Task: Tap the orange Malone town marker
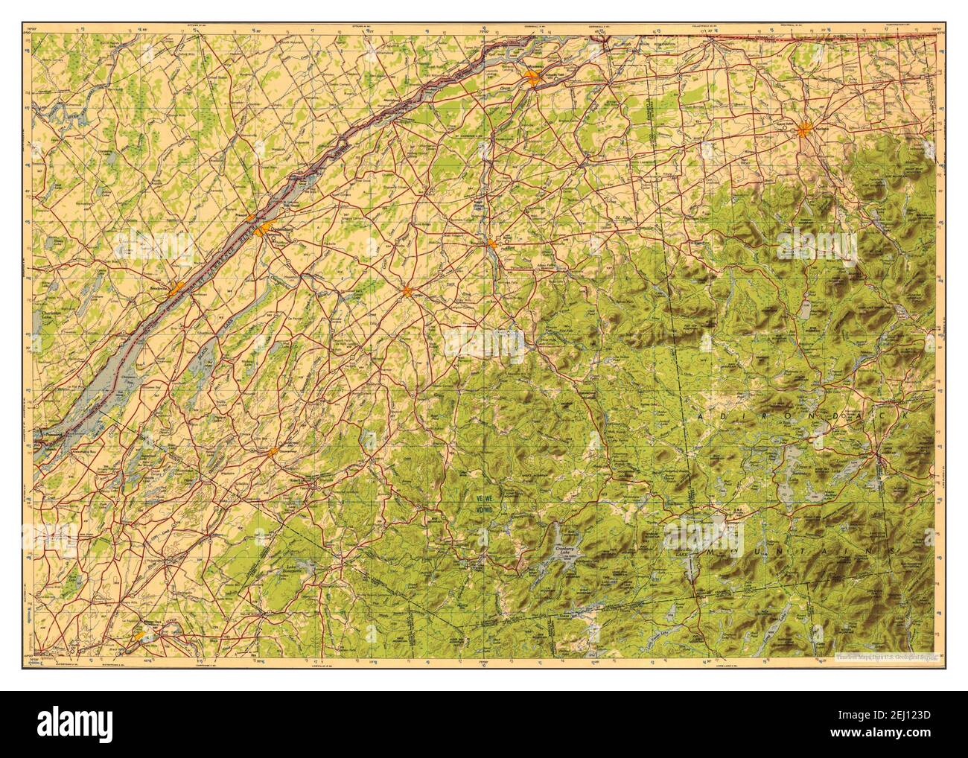(804, 131)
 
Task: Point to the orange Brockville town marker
(176, 289)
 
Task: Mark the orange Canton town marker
(407, 291)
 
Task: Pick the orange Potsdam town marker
(491, 243)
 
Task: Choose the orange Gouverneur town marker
(273, 450)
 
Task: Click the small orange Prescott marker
(252, 218)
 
